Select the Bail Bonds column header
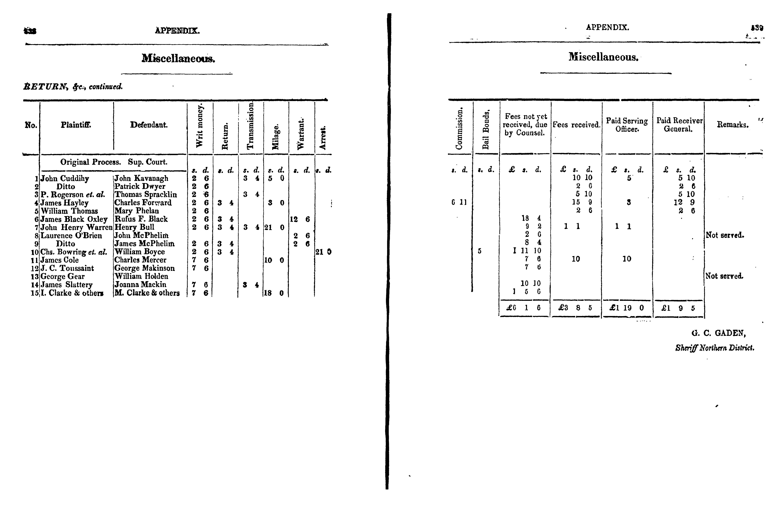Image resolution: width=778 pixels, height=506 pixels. pos(486,129)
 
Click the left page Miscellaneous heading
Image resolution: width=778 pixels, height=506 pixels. pos(178,59)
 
